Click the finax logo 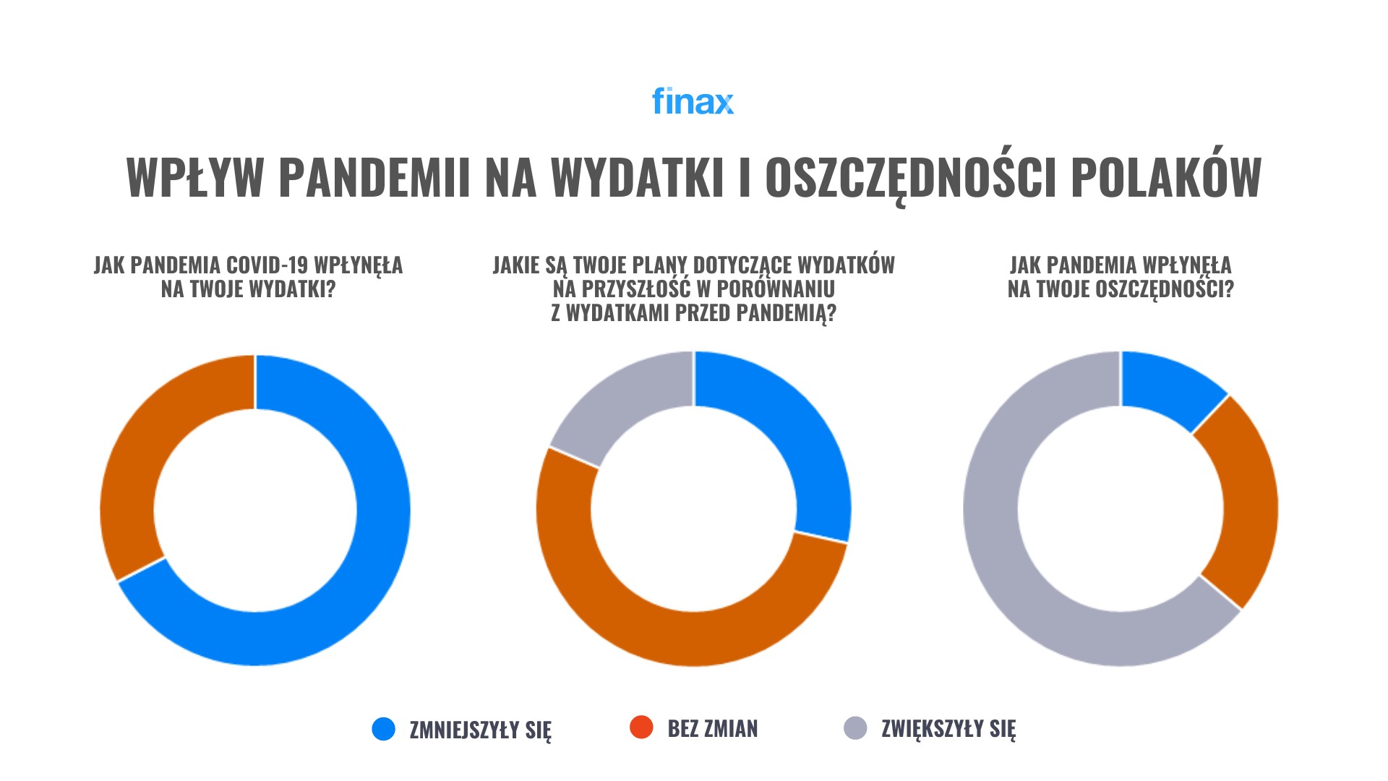(x=693, y=101)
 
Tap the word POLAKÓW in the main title (x=1166, y=177)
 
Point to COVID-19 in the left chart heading (x=267, y=265)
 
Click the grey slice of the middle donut (x=622, y=405)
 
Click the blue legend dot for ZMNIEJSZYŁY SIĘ (x=383, y=729)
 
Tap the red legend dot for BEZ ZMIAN (x=641, y=727)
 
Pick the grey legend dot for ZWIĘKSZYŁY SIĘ (x=855, y=728)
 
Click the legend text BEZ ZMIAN (x=713, y=729)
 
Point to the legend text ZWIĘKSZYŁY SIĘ (x=948, y=729)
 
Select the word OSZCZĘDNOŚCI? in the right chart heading (x=1164, y=289)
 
